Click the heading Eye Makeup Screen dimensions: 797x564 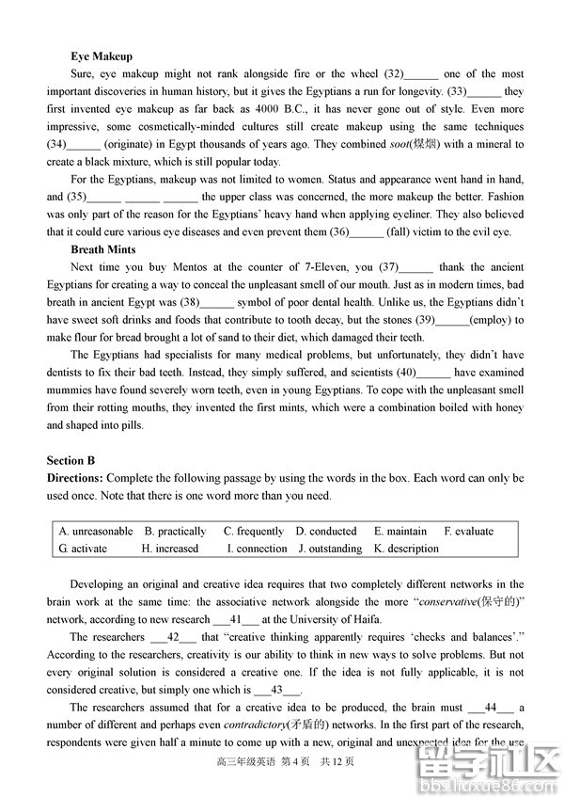pyautogui.click(x=102, y=56)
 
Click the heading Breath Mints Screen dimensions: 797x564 pyautogui.click(x=103, y=249)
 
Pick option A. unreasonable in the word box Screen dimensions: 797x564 pyautogui.click(x=96, y=531)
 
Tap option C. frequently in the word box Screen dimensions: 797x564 pyautogui.click(x=254, y=531)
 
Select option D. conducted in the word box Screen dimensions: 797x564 pyautogui.click(x=326, y=531)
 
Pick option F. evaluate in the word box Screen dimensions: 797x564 pyautogui.click(x=469, y=531)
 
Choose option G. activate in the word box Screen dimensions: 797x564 pyautogui.click(x=83, y=549)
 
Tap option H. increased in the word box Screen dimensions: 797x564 pyautogui.click(x=170, y=549)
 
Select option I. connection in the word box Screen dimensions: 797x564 pyautogui.click(x=257, y=549)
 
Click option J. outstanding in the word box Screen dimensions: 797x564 pyautogui.click(x=330, y=549)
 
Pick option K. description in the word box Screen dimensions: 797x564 pyautogui.click(x=406, y=549)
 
